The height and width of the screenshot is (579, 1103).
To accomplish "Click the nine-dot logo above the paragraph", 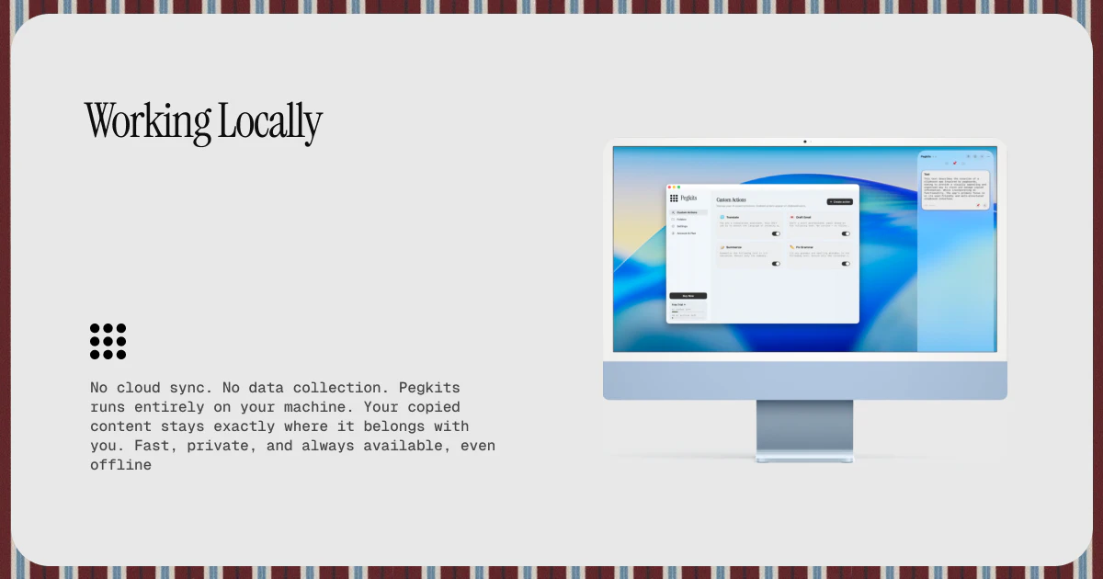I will [x=108, y=341].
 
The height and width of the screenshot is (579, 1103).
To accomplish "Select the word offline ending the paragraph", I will [x=120, y=465].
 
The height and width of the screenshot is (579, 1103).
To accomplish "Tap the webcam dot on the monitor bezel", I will [x=805, y=142].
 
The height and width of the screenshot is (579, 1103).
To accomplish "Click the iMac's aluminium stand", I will [x=805, y=430].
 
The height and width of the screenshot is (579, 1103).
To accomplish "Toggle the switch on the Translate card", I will [x=776, y=233].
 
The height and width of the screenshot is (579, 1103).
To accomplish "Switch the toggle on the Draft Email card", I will [x=846, y=233].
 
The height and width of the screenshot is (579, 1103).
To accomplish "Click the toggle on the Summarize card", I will [x=776, y=264].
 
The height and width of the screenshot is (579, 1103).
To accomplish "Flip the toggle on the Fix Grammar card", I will [x=846, y=264].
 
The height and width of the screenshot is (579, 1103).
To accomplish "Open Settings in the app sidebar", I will [x=681, y=226].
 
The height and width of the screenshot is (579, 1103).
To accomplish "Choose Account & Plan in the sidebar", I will [x=686, y=233].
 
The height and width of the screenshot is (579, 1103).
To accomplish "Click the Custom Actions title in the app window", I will [x=732, y=199].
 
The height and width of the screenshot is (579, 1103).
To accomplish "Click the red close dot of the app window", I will [x=669, y=187].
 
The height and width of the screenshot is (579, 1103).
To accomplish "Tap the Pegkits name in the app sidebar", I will [x=688, y=198].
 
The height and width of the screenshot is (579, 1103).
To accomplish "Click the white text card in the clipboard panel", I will [x=955, y=188].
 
